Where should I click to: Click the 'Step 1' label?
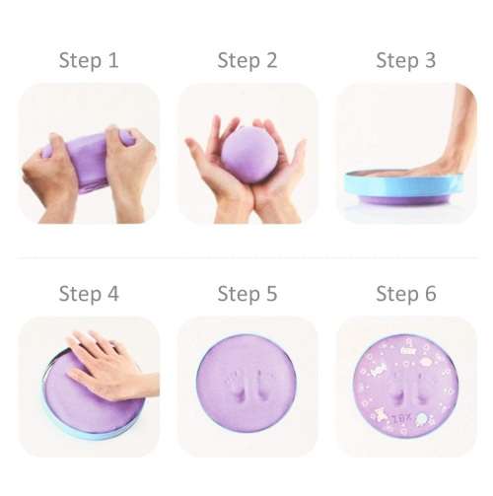pyautogui.click(x=89, y=61)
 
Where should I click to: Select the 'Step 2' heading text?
pyautogui.click(x=246, y=61)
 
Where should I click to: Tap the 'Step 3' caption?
pyautogui.click(x=405, y=61)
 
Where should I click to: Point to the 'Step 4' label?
pyautogui.click(x=89, y=294)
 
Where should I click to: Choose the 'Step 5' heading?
pyautogui.click(x=246, y=294)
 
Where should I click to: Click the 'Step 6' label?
pyautogui.click(x=405, y=294)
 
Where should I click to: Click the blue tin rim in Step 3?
pyautogui.click(x=404, y=185)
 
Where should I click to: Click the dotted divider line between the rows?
pyautogui.click(x=246, y=259)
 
